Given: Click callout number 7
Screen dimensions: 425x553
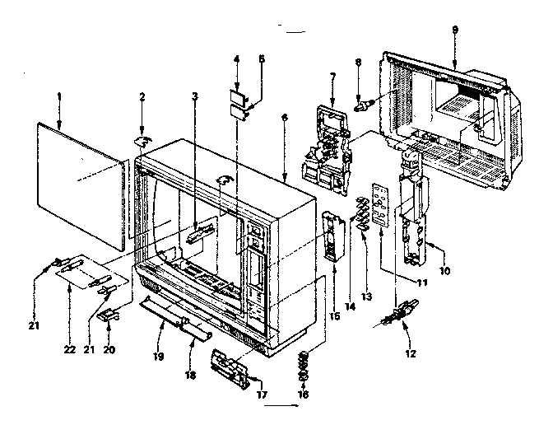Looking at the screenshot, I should tap(332, 77).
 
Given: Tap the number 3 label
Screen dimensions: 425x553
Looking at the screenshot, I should tap(194, 96).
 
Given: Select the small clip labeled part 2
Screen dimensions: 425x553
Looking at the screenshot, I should tap(143, 141).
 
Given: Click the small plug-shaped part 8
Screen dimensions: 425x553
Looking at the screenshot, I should tap(363, 105).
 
